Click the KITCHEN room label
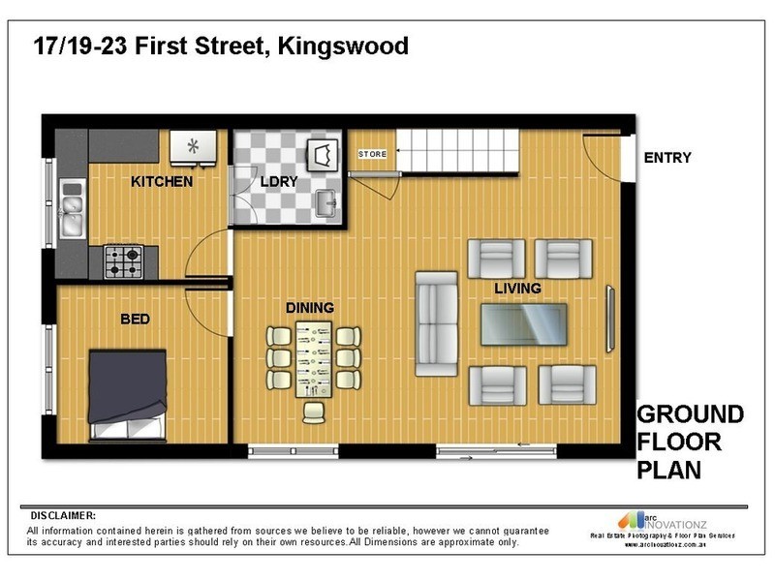pos(162,181)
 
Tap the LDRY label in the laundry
pos(277,181)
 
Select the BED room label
pos(135,318)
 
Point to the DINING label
pos(310,308)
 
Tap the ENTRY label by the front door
pos(667,158)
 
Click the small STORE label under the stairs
pos(372,155)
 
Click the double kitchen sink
pos(71,213)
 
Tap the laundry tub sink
pos(326,202)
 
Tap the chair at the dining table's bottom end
pos(314,413)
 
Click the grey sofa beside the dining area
pos(437,323)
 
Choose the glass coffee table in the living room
pos(524,323)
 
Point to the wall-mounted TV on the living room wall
pos(609,320)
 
